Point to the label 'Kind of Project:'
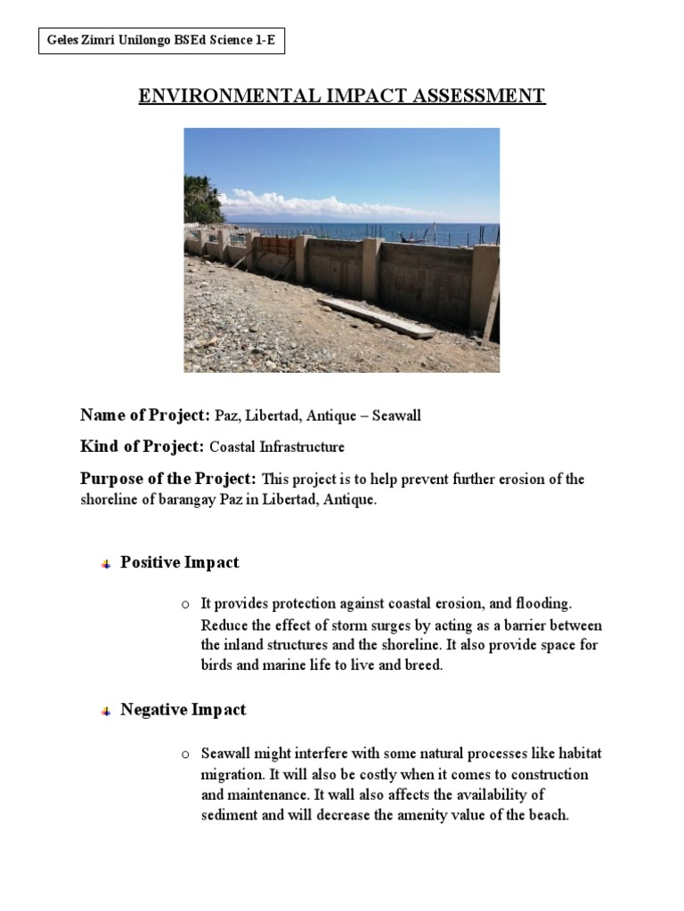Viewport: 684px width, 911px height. coord(142,447)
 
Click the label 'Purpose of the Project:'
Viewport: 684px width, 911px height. coord(169,479)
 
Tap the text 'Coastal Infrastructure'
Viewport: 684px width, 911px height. coord(276,447)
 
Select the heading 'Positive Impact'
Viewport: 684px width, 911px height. coord(180,563)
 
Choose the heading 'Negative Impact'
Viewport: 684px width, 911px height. coord(183,710)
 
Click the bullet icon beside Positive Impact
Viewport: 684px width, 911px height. coord(105,564)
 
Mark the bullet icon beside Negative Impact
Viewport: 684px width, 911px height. coord(105,711)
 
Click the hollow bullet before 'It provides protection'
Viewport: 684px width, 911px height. coord(185,606)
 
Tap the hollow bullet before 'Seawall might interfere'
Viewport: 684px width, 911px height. coord(185,755)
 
